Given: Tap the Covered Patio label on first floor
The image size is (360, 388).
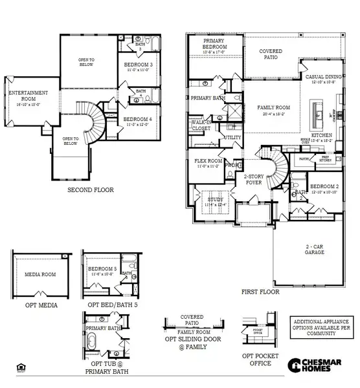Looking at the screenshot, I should pyautogui.click(x=271, y=54).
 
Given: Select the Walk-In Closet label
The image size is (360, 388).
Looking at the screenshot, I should pyautogui.click(x=202, y=125).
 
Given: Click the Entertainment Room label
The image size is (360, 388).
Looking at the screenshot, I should pyautogui.click(x=24, y=98).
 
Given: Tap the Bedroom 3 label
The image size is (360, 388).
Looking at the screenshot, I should pyautogui.click(x=138, y=65).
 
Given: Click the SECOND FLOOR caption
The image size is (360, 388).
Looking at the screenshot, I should pyautogui.click(x=91, y=190).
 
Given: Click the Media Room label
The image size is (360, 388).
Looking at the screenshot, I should pyautogui.click(x=40, y=274).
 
